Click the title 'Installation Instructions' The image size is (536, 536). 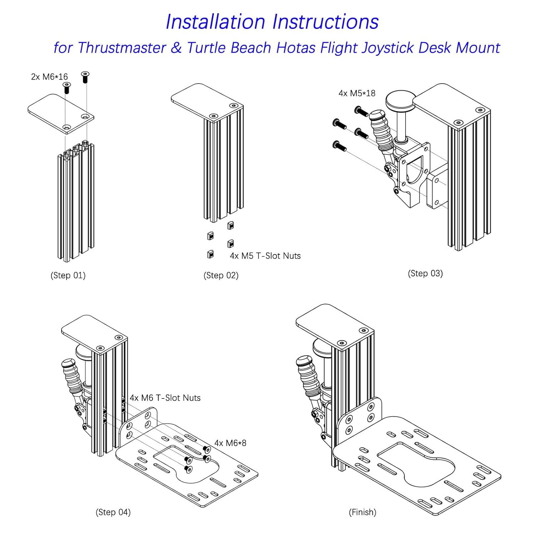(x=272, y=22)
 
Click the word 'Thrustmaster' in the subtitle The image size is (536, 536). (x=121, y=48)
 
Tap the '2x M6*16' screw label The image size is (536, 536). (x=49, y=77)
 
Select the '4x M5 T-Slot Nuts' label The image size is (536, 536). (x=265, y=256)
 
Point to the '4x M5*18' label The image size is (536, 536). (x=357, y=93)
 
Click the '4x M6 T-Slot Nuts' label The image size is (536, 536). (x=165, y=398)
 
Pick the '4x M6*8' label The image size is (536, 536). (x=230, y=443)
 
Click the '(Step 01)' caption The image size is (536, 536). (x=68, y=276)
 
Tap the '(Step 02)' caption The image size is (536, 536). (x=221, y=276)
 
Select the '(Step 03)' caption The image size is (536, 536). (x=425, y=273)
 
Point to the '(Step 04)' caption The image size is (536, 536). (x=113, y=512)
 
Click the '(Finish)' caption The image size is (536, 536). (x=362, y=512)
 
